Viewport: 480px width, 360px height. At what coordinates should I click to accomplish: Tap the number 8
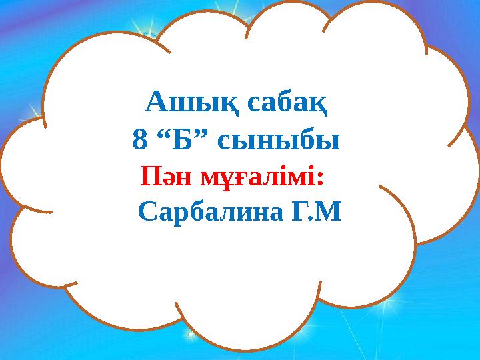pos(139,141)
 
